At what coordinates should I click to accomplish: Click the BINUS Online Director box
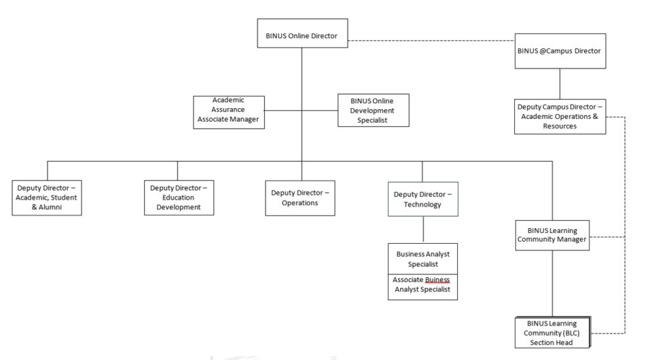coord(302,33)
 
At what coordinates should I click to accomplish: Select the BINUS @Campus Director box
coord(560,51)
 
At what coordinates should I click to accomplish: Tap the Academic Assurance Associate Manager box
coord(229,112)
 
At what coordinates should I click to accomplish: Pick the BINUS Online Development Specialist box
coord(374,110)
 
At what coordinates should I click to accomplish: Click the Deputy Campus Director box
coord(560,116)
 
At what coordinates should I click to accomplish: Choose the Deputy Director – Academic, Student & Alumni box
coord(47,198)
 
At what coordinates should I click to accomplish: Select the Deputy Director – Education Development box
coord(179,198)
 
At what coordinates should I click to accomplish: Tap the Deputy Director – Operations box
coord(300,198)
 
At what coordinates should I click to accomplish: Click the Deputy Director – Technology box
coord(423,199)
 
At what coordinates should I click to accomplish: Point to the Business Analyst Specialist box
coord(422,259)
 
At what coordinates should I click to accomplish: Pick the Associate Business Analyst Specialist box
coord(422,287)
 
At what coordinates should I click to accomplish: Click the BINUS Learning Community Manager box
coord(552,235)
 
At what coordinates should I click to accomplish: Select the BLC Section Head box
coord(553,333)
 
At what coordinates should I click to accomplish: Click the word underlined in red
coord(437,280)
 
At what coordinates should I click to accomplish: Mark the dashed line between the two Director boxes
coord(431,41)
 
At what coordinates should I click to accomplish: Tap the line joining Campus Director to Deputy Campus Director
coord(560,84)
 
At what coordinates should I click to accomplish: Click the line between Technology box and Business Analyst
coord(423,230)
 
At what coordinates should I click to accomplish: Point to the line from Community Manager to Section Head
coord(552,283)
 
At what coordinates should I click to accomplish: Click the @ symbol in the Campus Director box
coord(543,51)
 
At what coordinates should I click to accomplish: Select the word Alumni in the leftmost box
coord(50,207)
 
